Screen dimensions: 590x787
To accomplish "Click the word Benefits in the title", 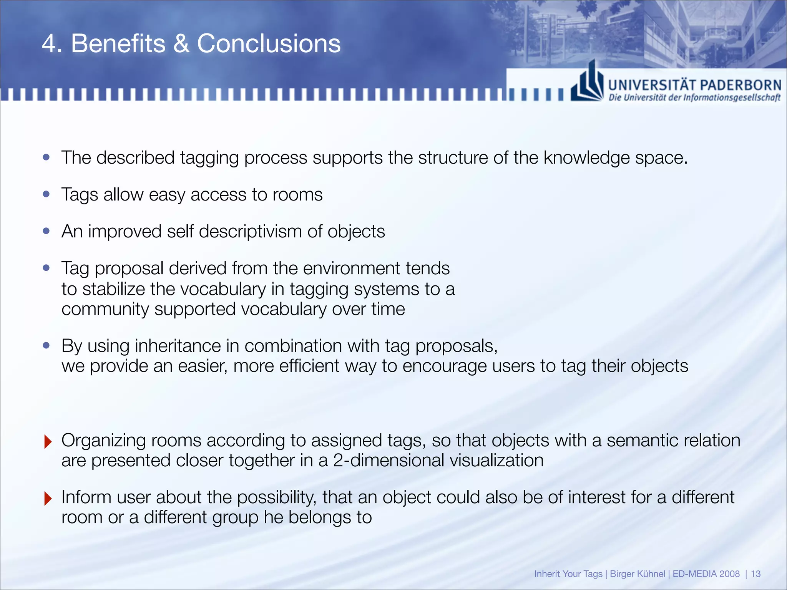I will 118,43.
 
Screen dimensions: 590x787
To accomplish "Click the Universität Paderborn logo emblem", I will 587,82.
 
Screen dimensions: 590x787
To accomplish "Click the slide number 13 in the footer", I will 755,574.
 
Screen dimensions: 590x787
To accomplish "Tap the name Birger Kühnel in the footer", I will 637,574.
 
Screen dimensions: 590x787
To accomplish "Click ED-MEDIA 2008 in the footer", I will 706,574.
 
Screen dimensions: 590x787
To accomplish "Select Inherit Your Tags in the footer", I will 568,574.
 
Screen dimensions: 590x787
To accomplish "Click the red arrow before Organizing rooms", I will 48,442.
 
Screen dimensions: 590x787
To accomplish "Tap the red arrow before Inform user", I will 48,499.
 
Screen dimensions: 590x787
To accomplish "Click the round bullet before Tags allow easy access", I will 46,194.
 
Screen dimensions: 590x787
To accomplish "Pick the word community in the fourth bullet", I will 105,309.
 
